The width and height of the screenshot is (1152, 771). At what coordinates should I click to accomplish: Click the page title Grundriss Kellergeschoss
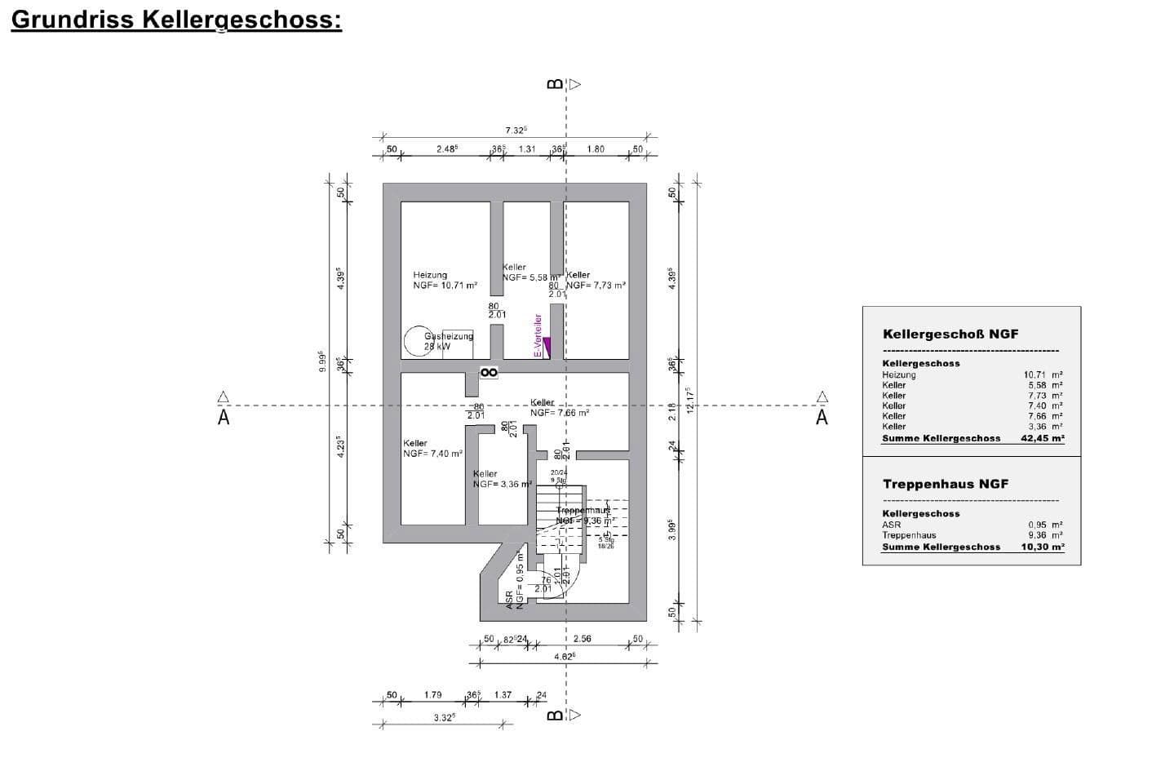[x=175, y=20]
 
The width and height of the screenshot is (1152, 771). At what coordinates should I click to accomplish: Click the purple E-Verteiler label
[x=538, y=335]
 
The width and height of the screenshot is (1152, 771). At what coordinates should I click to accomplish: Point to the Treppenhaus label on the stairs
[x=583, y=510]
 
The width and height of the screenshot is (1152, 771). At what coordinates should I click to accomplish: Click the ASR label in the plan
[x=510, y=600]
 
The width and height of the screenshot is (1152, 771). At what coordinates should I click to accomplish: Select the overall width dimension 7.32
[x=516, y=130]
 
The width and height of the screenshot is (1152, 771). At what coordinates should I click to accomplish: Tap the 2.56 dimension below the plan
[x=582, y=639]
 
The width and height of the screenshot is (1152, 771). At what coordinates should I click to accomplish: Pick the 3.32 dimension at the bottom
[x=444, y=718]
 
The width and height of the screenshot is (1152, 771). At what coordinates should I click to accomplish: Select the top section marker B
[x=556, y=84]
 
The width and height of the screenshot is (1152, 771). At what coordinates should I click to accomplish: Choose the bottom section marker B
[x=556, y=716]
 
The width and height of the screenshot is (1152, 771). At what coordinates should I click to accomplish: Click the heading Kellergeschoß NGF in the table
[x=950, y=334]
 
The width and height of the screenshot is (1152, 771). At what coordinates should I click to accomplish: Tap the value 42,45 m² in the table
[x=1042, y=438]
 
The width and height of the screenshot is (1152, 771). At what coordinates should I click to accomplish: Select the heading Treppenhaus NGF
[x=945, y=484]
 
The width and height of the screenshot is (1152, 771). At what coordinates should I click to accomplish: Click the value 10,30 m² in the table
[x=1042, y=547]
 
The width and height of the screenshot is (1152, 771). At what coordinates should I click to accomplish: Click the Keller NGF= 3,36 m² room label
[x=501, y=479]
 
